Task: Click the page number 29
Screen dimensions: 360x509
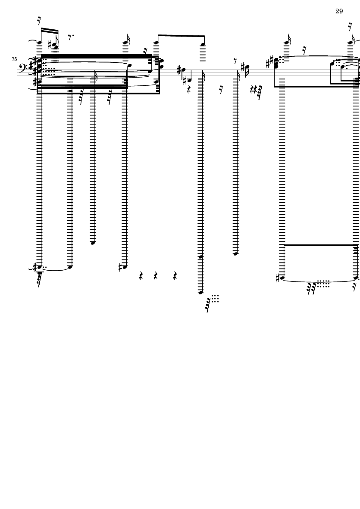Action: pyautogui.click(x=339, y=11)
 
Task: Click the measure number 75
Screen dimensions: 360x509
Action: pyautogui.click(x=14, y=59)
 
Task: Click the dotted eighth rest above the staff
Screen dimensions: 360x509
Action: pyautogui.click(x=70, y=37)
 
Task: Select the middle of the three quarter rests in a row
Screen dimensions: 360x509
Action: pyautogui.click(x=156, y=276)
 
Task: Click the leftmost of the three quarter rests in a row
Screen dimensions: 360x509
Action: pyautogui.click(x=141, y=276)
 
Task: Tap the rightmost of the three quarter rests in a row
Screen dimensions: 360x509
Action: pyautogui.click(x=175, y=276)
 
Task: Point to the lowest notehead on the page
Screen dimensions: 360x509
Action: pyautogui.click(x=200, y=293)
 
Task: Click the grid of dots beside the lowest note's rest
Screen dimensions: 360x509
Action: pyautogui.click(x=215, y=299)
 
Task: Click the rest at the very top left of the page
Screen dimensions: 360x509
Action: pyautogui.click(x=39, y=21)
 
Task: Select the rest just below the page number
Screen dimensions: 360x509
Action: pyautogui.click(x=350, y=27)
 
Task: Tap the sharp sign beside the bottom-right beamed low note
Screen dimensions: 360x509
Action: pyautogui.click(x=278, y=278)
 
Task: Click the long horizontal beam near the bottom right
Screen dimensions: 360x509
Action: pyautogui.click(x=321, y=245)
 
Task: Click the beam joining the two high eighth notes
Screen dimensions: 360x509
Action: pyautogui.click(x=181, y=35)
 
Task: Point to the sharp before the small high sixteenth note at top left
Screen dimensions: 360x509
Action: pyautogui.click(x=50, y=44)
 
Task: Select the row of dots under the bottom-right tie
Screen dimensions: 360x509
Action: pyautogui.click(x=323, y=284)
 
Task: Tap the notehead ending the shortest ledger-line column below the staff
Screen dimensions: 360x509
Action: pyautogui.click(x=93, y=243)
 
